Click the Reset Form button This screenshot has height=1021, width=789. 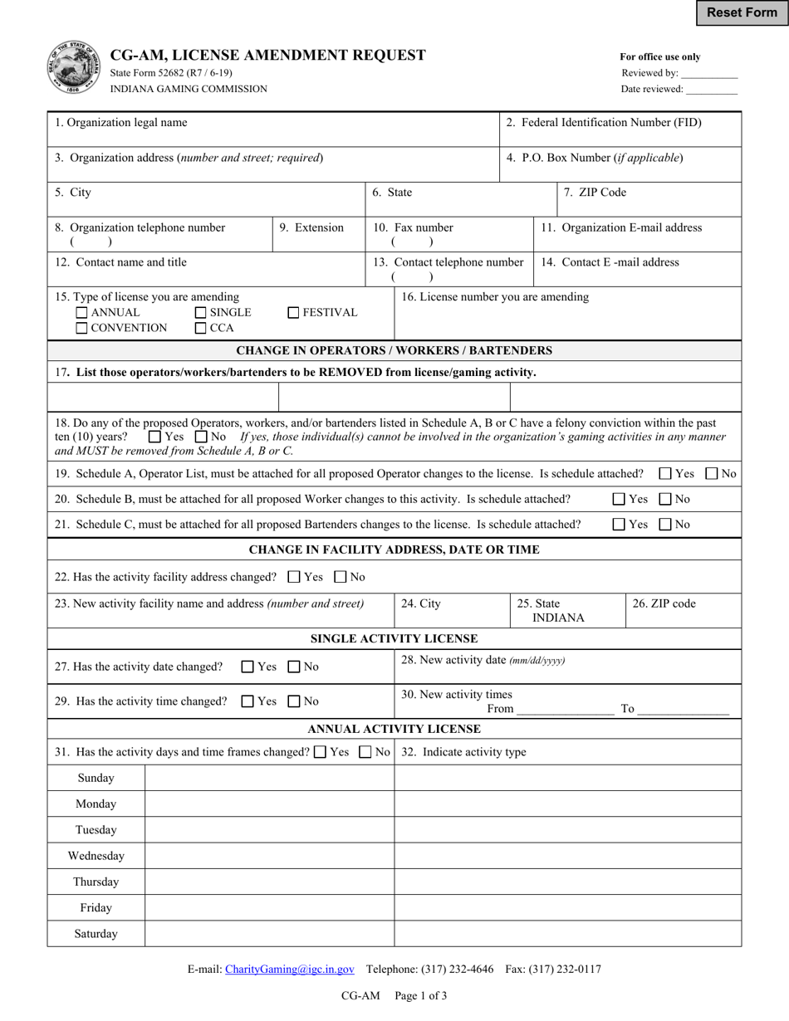[742, 12]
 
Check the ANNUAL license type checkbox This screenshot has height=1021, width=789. [81, 313]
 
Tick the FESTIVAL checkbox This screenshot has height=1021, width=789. [293, 313]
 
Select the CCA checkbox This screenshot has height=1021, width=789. [200, 328]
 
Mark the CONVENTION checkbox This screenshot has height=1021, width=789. [81, 328]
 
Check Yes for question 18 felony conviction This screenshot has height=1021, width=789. [154, 437]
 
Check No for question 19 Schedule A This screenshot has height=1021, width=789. [712, 474]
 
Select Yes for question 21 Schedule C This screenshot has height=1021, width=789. [619, 525]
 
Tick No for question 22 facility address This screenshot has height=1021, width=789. [341, 577]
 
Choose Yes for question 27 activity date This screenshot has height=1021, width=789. [247, 667]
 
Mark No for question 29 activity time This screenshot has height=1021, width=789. [294, 701]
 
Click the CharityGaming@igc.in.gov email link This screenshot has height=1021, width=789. [290, 969]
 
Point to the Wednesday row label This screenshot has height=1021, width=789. [96, 856]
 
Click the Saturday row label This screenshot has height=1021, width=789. [96, 934]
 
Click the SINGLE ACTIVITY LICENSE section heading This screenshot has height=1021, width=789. [394, 638]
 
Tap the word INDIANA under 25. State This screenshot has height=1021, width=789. [558, 618]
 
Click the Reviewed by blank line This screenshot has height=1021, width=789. [708, 74]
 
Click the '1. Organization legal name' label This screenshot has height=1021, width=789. [121, 123]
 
